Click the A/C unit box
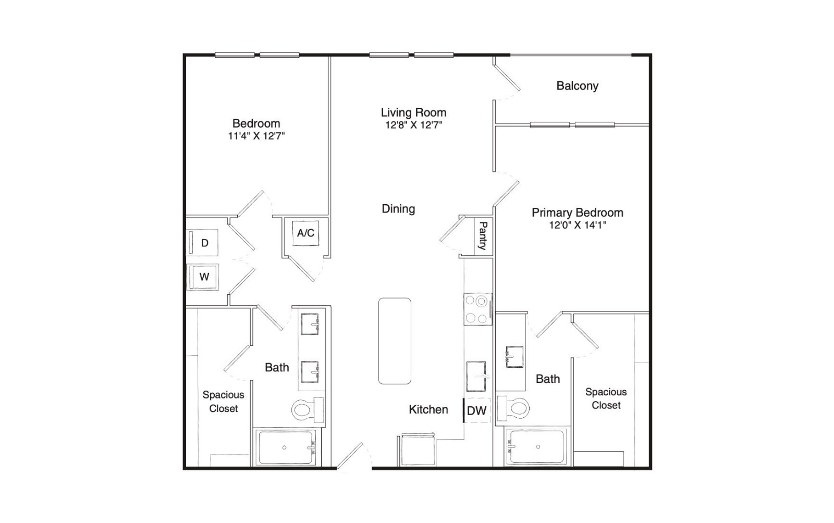pos(305,233)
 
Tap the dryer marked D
pos(202,243)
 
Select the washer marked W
pos(203,277)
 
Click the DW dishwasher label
pos(476,410)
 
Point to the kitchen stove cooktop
pos(477,309)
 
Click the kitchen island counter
pos(395,341)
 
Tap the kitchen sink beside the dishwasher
pos(476,377)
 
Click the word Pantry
pos(483,236)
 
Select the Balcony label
pos(578,86)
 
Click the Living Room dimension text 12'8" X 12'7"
pos(414,125)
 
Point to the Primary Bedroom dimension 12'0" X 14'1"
pos(578,225)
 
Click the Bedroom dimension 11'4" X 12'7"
pos(256,136)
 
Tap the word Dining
pos(398,209)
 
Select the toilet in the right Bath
pos(513,408)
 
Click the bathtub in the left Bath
pos(285,447)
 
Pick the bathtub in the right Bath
pos(536,446)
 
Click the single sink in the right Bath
pos(514,357)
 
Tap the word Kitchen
pos(428,409)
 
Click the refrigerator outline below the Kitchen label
pos(418,450)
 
